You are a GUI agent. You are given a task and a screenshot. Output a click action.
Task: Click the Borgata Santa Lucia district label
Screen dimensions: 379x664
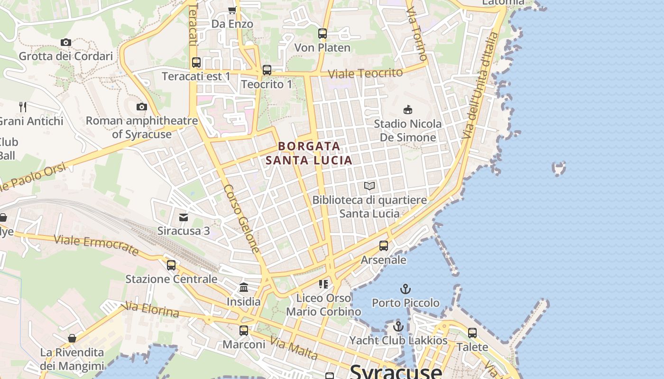[309, 153]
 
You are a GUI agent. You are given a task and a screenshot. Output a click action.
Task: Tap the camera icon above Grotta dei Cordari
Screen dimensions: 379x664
[66, 43]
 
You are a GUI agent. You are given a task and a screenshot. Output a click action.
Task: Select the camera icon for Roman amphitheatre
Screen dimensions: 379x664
[141, 107]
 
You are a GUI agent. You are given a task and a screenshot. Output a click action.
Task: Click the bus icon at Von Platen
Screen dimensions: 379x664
[323, 34]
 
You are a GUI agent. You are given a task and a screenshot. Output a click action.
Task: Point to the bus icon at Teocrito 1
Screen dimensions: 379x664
[267, 70]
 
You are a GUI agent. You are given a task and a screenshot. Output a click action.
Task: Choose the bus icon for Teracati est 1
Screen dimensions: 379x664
[196, 63]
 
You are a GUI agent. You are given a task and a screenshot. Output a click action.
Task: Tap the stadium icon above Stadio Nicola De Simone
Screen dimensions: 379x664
[407, 110]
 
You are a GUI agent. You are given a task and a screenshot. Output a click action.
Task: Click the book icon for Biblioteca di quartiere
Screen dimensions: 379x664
[369, 186]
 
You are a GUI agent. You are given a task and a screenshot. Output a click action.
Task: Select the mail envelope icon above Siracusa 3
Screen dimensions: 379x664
[184, 217]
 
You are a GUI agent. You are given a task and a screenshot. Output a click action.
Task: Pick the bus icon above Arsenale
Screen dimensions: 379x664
[384, 246]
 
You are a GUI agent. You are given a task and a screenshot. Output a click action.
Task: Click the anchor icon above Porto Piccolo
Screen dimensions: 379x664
[406, 289]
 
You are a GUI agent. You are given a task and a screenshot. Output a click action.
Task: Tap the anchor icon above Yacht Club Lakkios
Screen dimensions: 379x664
[398, 326]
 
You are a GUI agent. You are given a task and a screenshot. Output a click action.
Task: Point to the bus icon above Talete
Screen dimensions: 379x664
[472, 333]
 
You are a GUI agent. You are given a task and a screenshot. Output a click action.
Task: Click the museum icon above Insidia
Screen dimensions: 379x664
[244, 287]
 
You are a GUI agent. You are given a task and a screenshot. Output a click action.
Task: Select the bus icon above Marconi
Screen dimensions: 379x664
[244, 330]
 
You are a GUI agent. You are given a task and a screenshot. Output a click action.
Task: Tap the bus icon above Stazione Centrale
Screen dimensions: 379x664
[171, 265]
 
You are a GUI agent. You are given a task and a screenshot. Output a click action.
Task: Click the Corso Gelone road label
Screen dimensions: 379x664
[242, 219]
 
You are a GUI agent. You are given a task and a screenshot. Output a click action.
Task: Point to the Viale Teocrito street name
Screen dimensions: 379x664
[365, 73]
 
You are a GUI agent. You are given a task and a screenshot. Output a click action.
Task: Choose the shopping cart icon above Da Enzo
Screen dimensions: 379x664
[232, 10]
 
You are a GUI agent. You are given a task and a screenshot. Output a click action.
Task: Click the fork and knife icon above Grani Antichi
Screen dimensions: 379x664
[22, 107]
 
